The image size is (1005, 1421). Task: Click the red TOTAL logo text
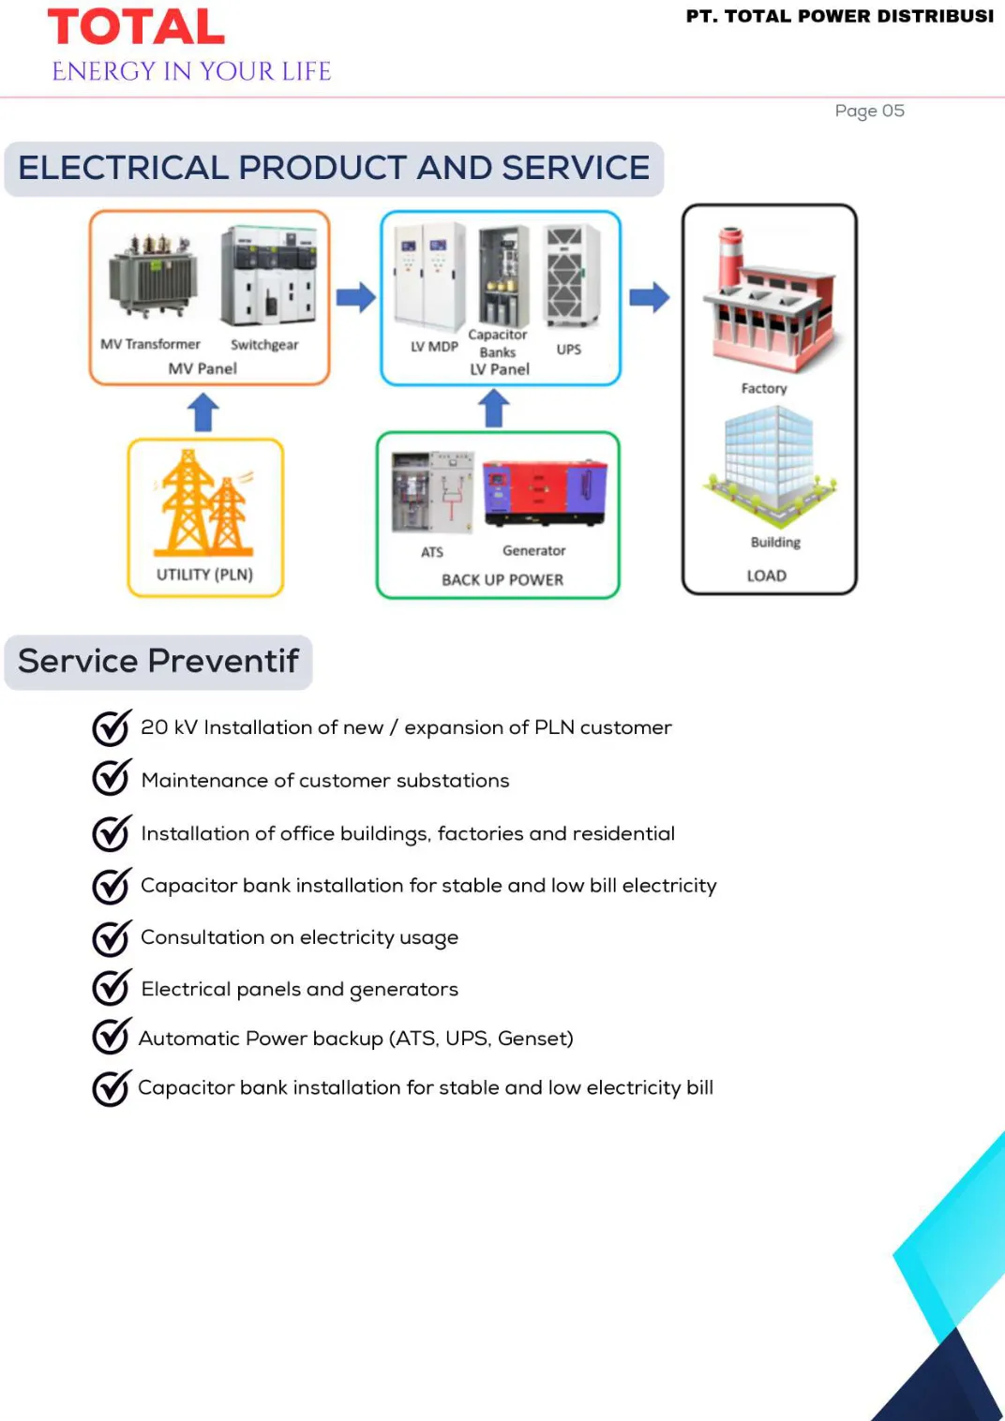[x=137, y=26]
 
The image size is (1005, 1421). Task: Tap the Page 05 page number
[x=869, y=111]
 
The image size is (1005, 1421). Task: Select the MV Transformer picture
[x=152, y=276]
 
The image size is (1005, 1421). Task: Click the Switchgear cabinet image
[x=268, y=277]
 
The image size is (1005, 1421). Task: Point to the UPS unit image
[x=572, y=276]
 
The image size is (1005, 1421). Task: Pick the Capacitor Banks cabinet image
[x=503, y=277]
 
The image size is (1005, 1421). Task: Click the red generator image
[x=545, y=494]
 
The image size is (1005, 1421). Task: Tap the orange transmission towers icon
[x=203, y=503]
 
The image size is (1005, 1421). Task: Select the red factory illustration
[x=769, y=299]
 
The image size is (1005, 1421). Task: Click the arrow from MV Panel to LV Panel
[x=356, y=297]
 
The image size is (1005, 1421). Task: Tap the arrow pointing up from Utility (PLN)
[x=203, y=412]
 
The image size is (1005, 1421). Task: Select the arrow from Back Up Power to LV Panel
[x=494, y=409]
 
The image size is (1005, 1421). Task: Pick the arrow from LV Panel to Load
[x=649, y=297]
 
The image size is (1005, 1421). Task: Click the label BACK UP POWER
[x=502, y=580]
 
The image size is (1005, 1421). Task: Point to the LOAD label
[x=767, y=576]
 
